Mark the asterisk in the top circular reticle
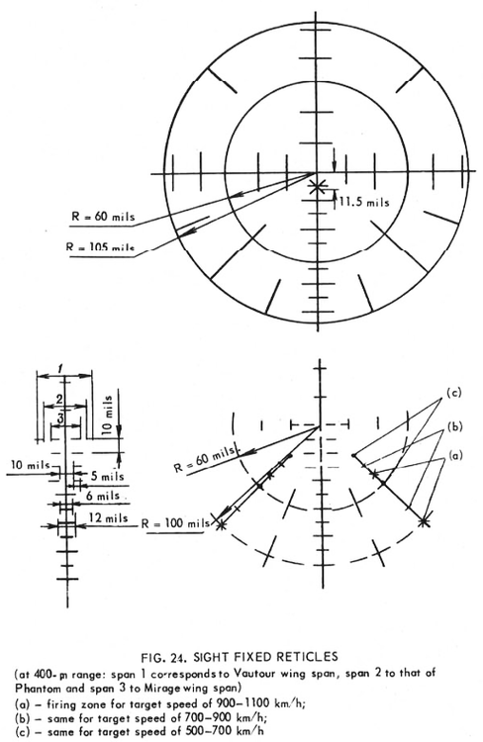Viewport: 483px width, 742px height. pyautogui.click(x=318, y=185)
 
